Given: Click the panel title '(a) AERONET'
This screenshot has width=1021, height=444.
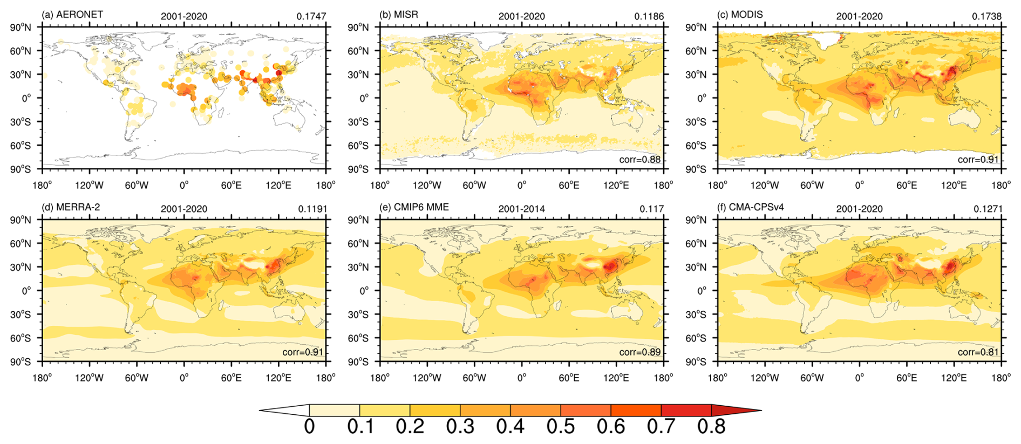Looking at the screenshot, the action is (72, 15).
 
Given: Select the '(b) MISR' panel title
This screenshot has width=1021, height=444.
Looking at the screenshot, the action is (399, 15).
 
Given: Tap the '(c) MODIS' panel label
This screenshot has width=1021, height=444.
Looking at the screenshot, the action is (740, 15).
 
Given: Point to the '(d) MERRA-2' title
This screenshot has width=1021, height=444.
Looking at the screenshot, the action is (71, 207).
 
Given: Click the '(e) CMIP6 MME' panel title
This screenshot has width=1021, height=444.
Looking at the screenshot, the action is (414, 207).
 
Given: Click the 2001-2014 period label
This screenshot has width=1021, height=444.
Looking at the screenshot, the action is (521, 209).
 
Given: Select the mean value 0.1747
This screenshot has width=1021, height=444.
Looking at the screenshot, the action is (311, 16).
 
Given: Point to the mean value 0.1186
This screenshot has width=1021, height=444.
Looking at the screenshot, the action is (649, 16).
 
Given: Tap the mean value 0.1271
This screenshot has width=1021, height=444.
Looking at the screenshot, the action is (988, 209).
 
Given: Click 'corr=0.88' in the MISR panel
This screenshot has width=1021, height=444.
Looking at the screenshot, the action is (639, 159).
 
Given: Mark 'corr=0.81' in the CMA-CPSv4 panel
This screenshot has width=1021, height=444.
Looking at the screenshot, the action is (978, 352).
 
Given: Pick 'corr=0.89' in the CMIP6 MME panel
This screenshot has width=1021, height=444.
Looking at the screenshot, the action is (639, 352).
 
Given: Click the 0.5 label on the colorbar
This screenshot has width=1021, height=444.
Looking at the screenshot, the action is (561, 426).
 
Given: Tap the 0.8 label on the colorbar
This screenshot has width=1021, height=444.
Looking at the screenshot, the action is (711, 426).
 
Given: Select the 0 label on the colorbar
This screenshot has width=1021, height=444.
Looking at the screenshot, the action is (309, 426).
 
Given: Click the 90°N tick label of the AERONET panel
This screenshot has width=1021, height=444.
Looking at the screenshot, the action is (21, 28).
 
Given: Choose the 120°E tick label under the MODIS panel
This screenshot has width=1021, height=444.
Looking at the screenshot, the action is (954, 185).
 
